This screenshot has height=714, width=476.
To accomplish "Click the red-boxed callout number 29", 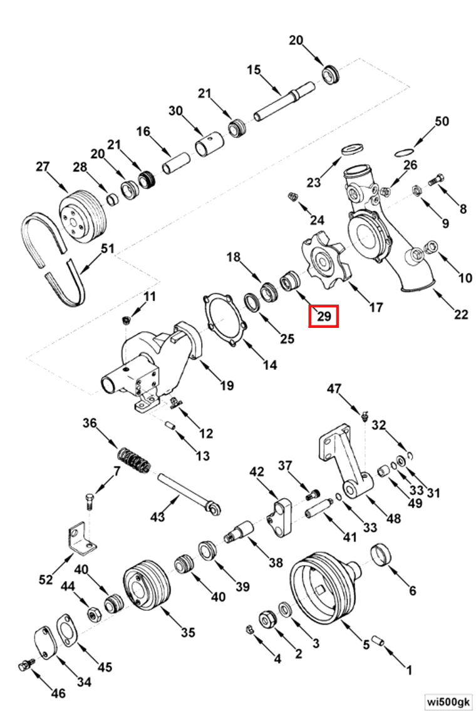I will click(324, 317).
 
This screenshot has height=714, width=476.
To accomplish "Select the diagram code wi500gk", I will click(447, 701).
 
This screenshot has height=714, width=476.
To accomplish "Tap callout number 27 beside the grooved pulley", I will click(43, 166).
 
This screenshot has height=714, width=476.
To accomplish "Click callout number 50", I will click(442, 121).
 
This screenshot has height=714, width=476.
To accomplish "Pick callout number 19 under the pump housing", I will click(227, 385).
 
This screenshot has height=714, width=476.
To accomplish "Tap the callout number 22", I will click(461, 314).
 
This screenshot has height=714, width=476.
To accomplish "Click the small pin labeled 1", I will click(378, 641).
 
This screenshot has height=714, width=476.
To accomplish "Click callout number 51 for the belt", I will click(108, 248).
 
